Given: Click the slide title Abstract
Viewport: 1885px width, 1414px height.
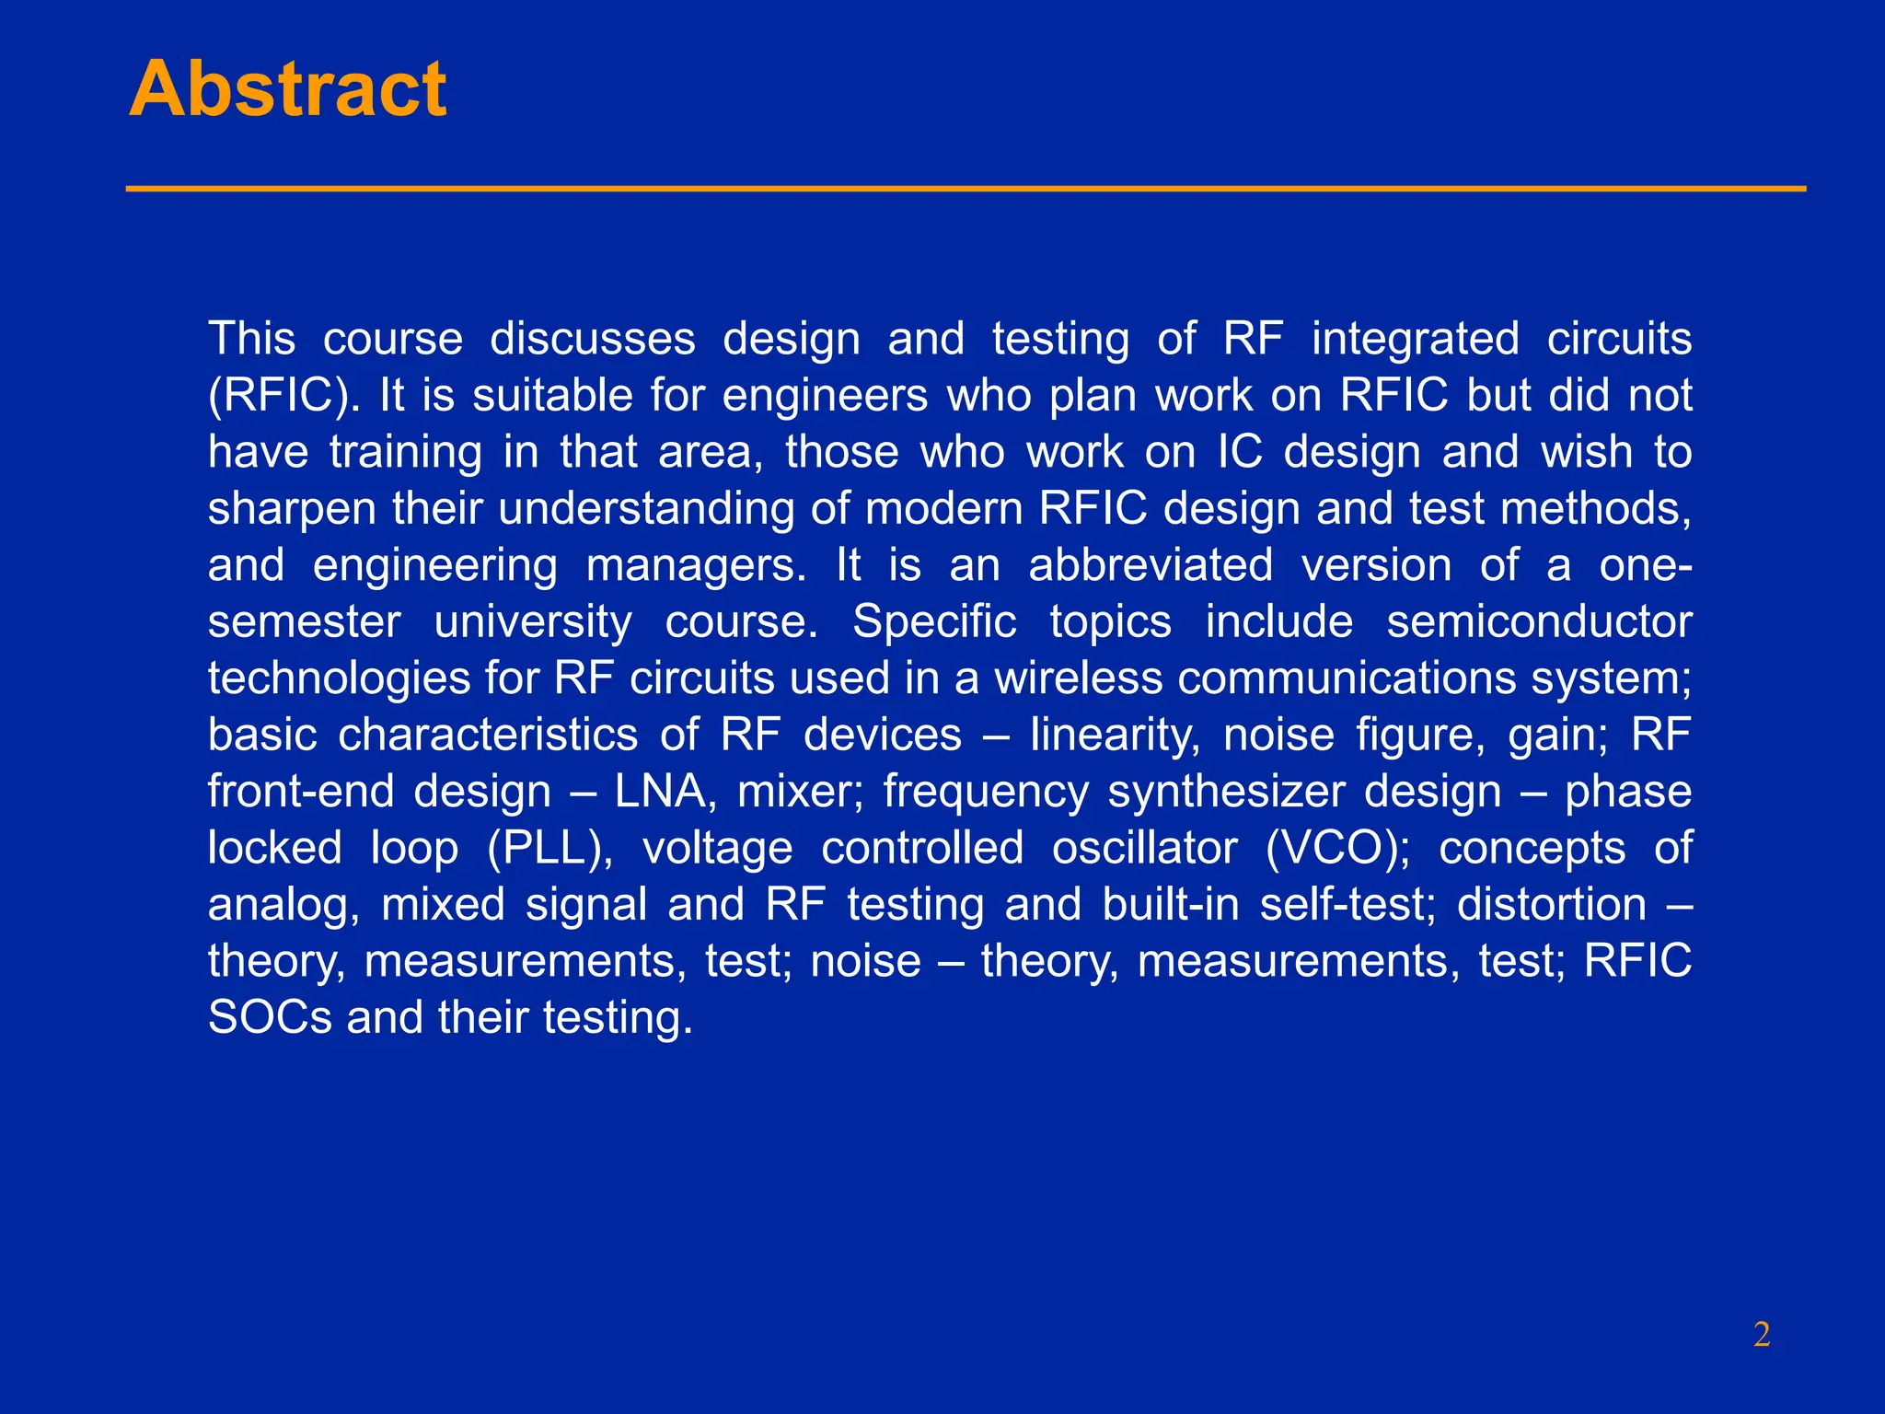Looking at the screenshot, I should tap(287, 89).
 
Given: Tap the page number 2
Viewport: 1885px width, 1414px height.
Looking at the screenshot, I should tap(1762, 1334).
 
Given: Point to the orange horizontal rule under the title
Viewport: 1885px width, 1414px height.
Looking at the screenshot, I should tap(966, 189).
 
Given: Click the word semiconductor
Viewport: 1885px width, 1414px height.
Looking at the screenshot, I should tap(1539, 622).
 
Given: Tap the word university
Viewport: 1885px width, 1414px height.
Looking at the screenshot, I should tap(533, 622).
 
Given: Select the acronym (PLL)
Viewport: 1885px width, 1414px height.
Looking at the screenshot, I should tap(549, 849).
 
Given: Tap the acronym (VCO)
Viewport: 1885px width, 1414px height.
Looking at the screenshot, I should tap(1337, 849).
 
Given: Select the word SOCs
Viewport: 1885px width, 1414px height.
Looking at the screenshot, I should tap(270, 1018).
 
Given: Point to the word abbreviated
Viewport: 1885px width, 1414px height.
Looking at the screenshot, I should tap(1151, 565).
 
